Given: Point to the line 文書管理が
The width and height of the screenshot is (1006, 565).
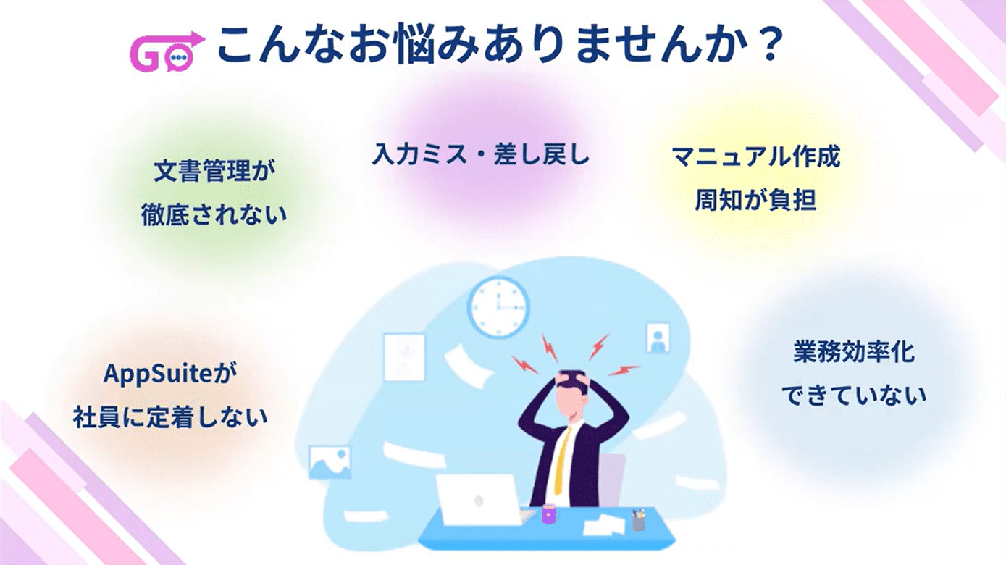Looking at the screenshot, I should (x=215, y=172).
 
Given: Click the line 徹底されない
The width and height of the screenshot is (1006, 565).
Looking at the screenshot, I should (x=215, y=215).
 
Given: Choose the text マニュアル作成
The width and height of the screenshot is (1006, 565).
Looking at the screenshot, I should (x=755, y=156).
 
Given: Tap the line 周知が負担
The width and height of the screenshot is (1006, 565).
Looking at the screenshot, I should (x=755, y=200).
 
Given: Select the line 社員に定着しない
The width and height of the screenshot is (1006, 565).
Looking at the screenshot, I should (x=171, y=417).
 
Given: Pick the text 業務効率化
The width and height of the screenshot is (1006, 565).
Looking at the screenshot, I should (x=853, y=353).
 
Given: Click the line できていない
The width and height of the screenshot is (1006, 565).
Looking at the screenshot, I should (x=853, y=395).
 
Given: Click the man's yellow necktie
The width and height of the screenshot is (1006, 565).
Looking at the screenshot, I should (x=560, y=456).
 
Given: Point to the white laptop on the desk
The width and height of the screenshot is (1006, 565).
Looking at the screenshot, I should (x=479, y=500).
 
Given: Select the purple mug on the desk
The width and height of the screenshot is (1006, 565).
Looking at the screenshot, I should (x=549, y=514).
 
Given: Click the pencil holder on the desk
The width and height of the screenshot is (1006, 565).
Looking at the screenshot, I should (x=638, y=519).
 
